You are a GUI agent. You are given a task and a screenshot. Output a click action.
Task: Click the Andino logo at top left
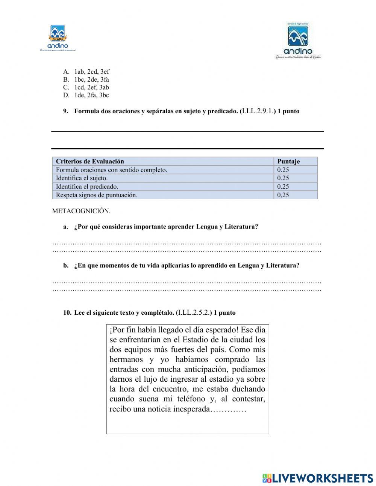58,38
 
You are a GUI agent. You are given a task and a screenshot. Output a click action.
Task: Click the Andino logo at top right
298,40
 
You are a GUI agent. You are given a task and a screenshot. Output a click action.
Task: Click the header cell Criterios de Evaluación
90,161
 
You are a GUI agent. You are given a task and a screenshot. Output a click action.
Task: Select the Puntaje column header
288,161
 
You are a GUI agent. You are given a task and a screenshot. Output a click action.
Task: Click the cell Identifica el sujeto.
82,178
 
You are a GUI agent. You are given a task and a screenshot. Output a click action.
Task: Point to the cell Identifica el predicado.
87,186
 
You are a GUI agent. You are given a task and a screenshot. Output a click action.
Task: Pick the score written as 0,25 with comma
283,195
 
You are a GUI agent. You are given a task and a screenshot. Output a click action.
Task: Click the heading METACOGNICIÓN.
81,211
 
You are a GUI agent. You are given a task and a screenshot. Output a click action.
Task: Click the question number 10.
67,313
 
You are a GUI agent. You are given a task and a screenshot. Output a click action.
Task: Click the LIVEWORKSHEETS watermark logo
318,478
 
